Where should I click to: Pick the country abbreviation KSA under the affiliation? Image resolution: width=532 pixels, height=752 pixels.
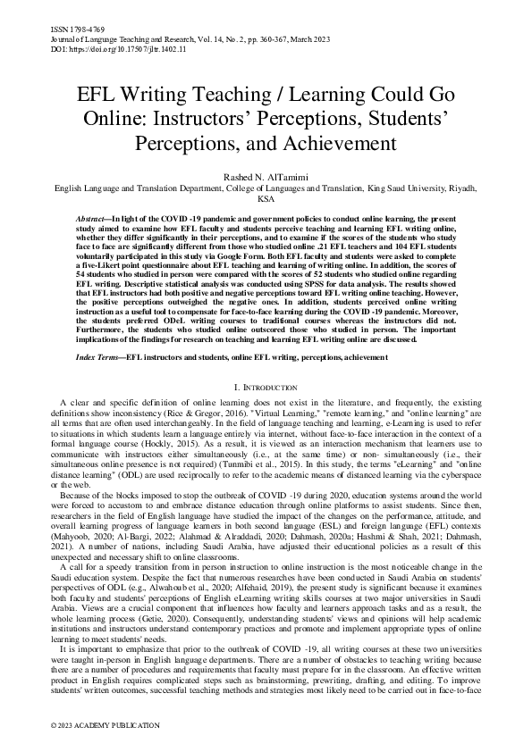coord(266,200)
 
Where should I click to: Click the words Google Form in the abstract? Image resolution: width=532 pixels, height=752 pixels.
coord(259,264)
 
